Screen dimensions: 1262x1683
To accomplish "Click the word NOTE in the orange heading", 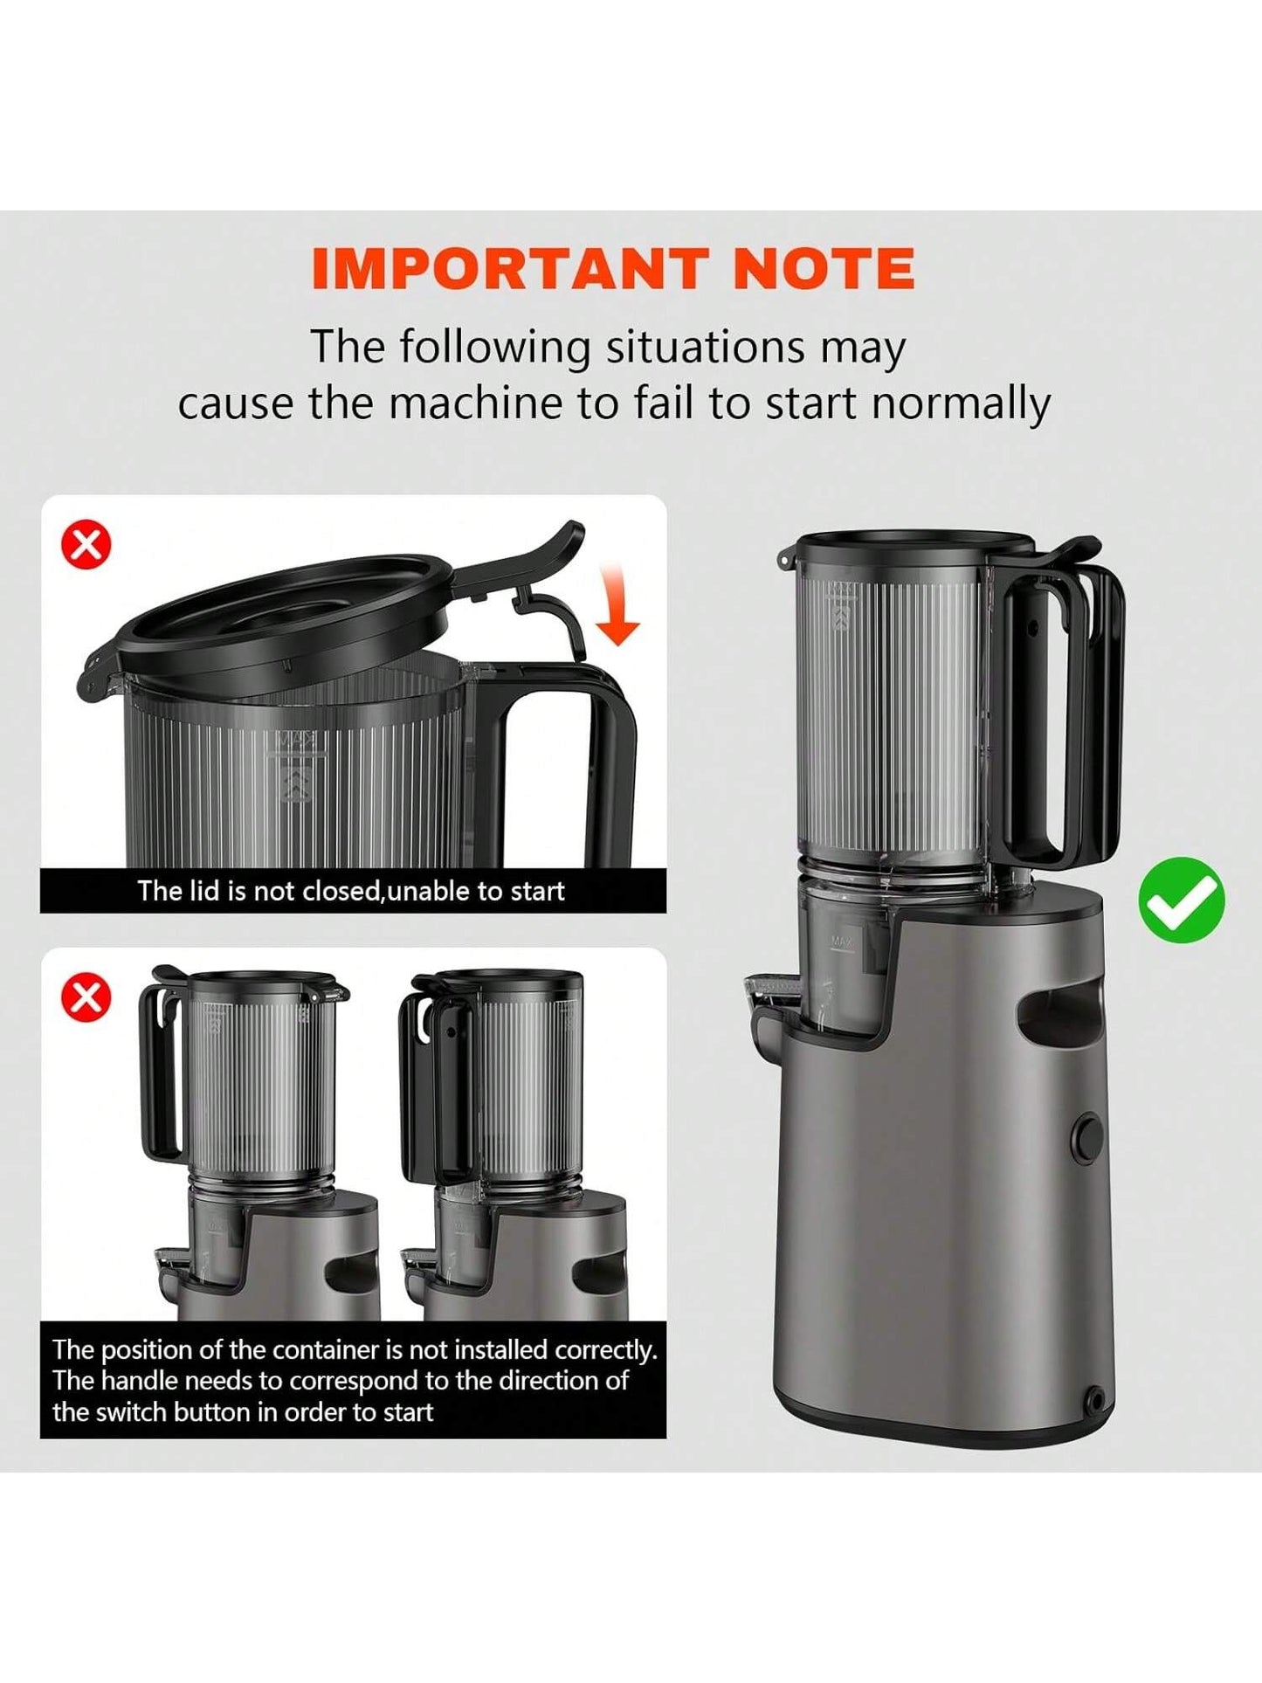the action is tap(824, 268).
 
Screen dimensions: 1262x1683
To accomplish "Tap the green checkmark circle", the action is tap(1182, 900).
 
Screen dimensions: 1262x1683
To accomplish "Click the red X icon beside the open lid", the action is tap(86, 545).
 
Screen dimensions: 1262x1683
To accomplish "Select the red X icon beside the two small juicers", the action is tap(86, 997).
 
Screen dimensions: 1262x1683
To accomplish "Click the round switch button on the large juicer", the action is tap(1087, 1138).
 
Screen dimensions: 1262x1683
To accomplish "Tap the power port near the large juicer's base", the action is tap(1093, 1401).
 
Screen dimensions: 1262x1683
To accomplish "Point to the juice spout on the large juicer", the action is tap(770, 991).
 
